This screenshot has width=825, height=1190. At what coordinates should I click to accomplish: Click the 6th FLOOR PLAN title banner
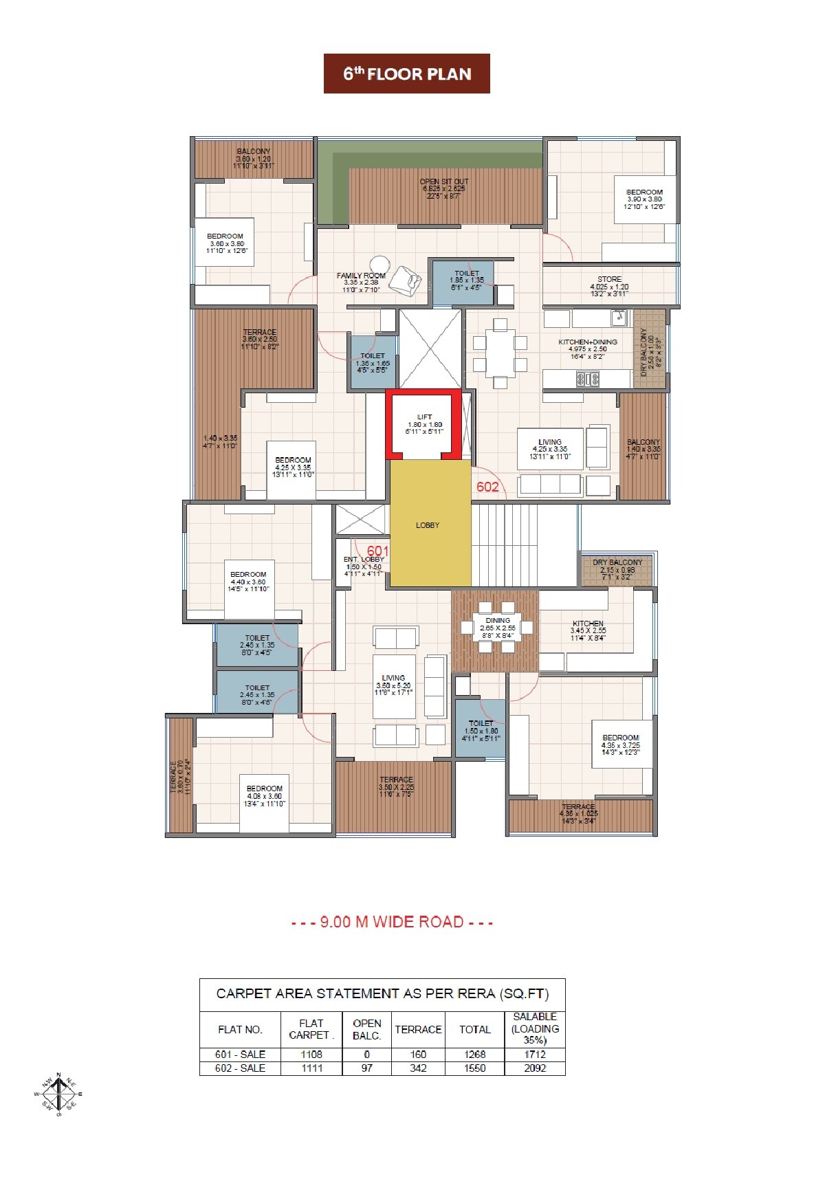click(407, 74)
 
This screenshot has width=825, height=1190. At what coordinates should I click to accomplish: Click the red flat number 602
click(487, 487)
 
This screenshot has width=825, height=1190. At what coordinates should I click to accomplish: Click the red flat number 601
click(377, 551)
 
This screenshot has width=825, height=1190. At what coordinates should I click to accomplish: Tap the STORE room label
click(609, 280)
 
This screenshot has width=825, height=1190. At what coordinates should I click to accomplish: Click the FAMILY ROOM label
click(361, 276)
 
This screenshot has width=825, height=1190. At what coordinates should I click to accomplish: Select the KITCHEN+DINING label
click(588, 342)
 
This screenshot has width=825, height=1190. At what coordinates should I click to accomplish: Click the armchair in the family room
click(411, 283)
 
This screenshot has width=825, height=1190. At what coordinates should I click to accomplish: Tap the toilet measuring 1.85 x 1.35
click(464, 282)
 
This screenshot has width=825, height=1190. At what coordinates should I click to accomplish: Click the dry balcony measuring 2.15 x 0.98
click(617, 568)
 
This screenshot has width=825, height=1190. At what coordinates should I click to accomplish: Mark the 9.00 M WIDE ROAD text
click(392, 923)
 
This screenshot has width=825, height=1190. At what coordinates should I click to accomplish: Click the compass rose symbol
click(58, 1094)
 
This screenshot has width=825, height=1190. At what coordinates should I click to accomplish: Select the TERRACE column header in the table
click(418, 1029)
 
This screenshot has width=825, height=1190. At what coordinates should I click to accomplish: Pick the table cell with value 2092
click(535, 1068)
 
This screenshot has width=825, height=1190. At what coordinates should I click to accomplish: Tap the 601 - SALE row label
click(240, 1054)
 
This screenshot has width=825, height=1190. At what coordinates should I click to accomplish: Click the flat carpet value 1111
click(311, 1068)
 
